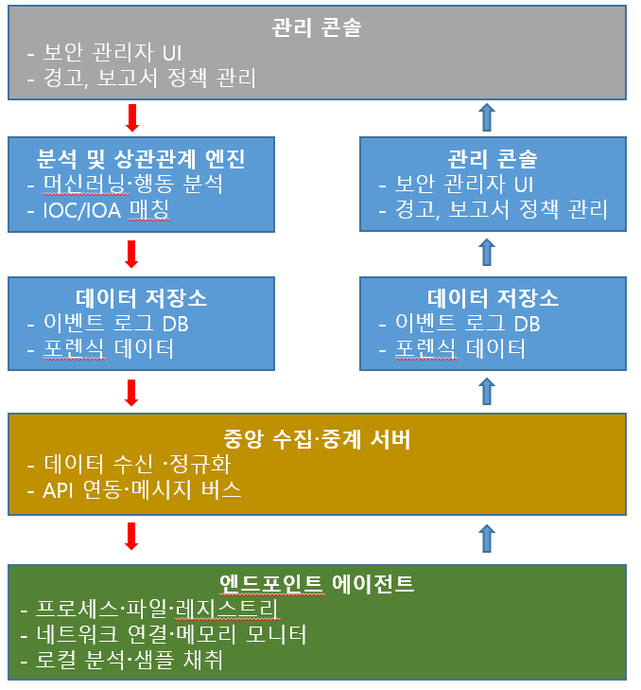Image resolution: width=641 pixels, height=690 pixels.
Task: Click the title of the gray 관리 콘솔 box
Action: pos(316,27)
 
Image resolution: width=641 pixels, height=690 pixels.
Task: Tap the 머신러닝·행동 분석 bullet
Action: pos(131,184)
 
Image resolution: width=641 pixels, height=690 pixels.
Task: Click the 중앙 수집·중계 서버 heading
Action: pos(316,439)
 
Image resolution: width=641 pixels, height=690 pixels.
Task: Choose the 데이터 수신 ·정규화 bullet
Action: pos(137,465)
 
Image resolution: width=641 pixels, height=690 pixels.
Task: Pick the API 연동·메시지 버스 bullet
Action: pos(143,490)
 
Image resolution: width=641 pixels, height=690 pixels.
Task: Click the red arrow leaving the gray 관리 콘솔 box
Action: pos(131,117)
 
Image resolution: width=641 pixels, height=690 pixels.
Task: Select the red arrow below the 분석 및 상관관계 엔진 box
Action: pos(131,254)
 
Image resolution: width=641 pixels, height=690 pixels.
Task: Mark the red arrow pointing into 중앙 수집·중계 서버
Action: pos(131,392)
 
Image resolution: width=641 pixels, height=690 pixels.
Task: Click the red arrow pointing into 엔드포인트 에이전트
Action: pos(131,536)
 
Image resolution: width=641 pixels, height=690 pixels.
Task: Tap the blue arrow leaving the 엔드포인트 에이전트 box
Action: pos(487,538)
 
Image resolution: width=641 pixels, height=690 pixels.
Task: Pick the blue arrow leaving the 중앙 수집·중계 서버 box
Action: pos(487,391)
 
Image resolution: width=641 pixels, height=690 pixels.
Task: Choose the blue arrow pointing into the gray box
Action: pos(487,117)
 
